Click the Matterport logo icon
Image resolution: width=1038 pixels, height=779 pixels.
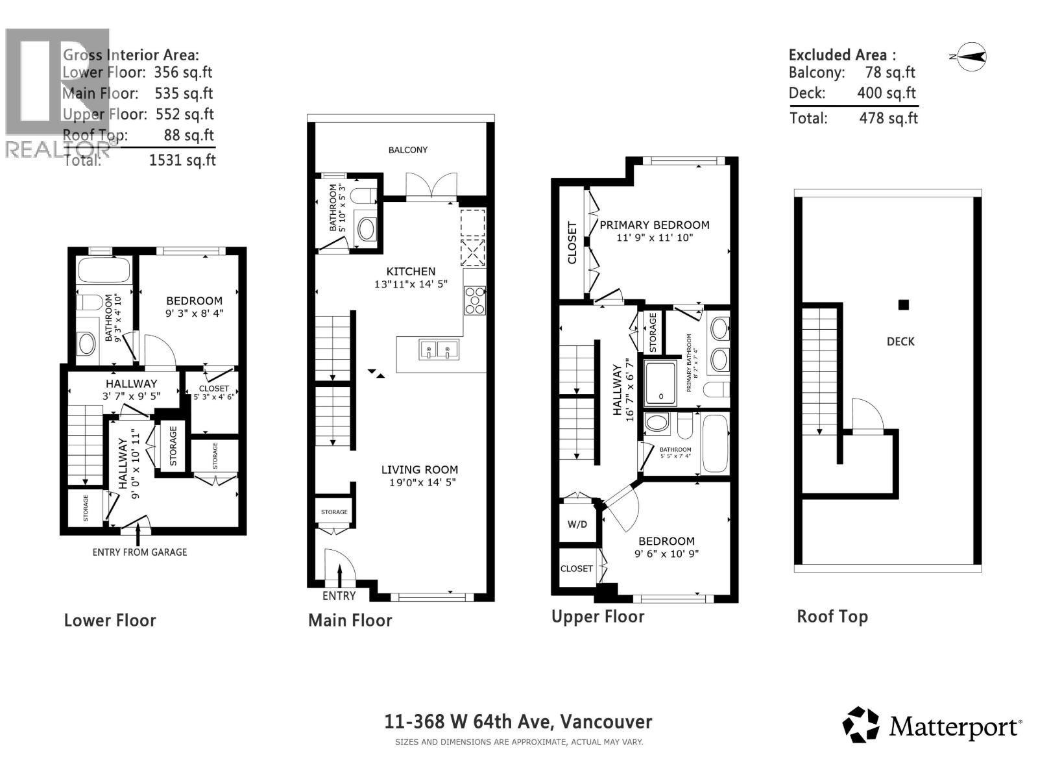click(861, 724)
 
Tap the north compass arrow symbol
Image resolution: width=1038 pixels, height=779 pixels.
click(971, 57)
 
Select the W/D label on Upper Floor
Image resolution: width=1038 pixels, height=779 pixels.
click(577, 524)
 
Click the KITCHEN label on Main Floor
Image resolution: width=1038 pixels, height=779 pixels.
click(411, 271)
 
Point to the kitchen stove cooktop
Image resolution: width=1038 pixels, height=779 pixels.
click(475, 301)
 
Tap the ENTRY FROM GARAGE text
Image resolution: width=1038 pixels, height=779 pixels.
click(139, 552)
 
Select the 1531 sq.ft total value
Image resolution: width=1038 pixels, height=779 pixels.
click(182, 160)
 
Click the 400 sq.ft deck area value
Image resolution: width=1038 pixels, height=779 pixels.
click(886, 93)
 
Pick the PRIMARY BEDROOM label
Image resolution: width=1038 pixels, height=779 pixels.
click(654, 225)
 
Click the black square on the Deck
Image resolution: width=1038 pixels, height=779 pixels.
click(903, 304)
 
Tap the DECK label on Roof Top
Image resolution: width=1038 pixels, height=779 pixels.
click(900, 341)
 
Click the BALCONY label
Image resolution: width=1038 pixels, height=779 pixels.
click(407, 150)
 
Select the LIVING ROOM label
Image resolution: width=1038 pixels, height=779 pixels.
click(419, 469)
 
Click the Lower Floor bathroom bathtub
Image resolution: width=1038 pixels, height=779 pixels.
click(104, 269)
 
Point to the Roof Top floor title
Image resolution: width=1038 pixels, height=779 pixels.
click(832, 617)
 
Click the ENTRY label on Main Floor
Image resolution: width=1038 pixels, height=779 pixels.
click(339, 595)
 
